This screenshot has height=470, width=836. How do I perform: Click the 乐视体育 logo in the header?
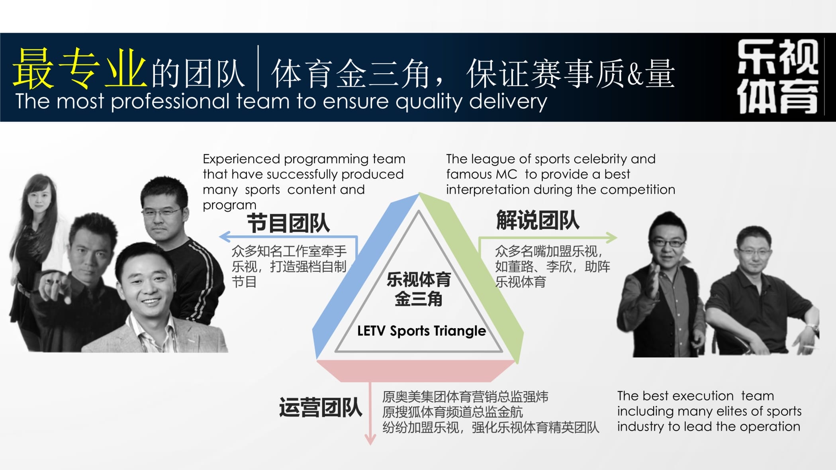777,76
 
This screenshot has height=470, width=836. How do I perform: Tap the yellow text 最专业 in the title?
79,69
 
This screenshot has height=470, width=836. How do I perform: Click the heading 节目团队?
288,223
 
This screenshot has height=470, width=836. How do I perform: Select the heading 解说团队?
538,220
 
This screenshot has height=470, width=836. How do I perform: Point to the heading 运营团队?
321,407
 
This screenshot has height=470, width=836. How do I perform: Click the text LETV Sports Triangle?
421,331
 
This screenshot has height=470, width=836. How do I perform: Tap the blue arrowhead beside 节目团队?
225,237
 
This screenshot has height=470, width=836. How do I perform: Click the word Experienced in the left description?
241,159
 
